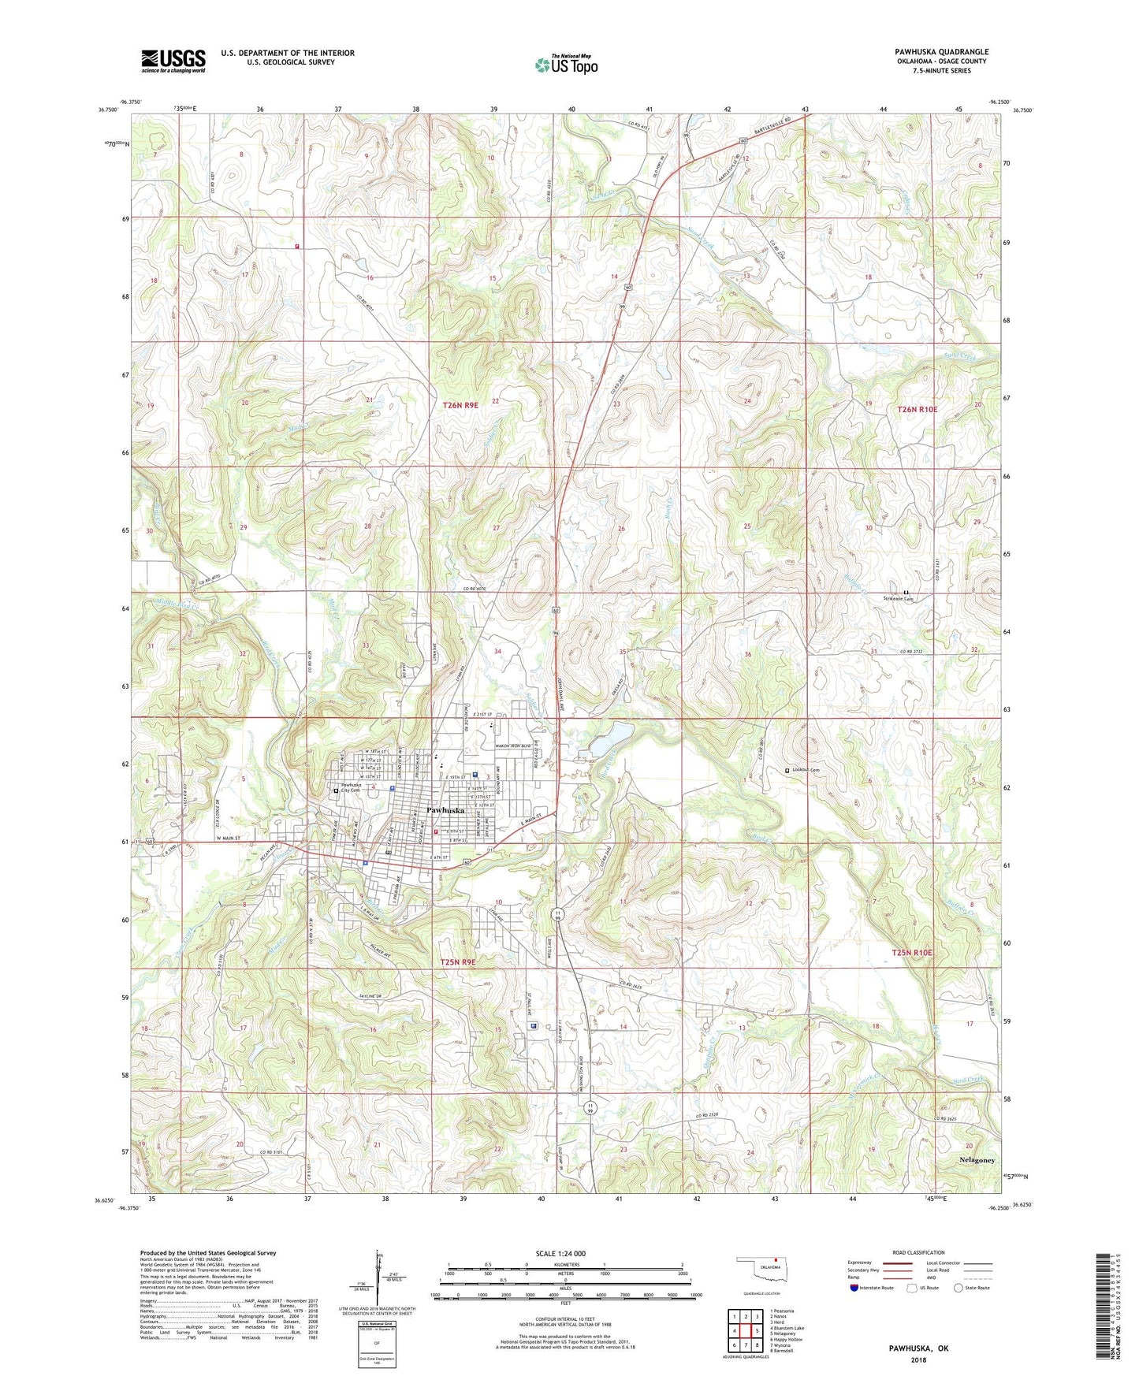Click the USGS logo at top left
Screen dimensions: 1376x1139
tap(173, 60)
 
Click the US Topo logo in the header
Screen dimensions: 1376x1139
tap(566, 65)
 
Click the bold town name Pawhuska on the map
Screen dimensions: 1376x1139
tap(445, 810)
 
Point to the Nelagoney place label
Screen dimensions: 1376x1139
tap(977, 1160)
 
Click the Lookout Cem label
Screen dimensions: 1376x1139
tap(806, 770)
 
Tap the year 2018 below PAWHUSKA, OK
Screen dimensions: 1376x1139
tap(919, 1359)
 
